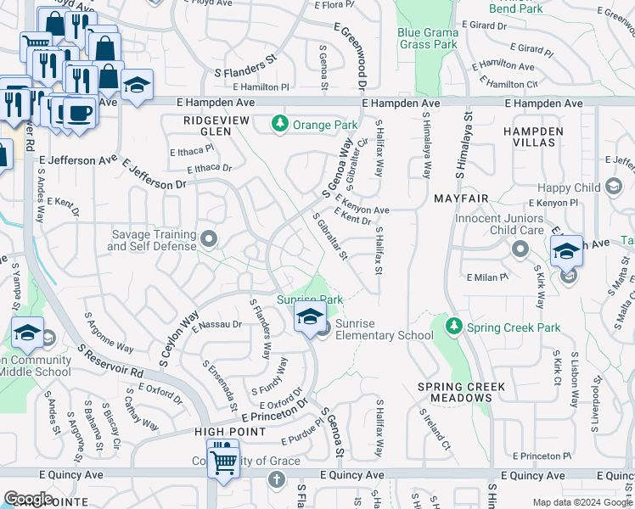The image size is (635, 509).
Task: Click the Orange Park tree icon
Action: tap(279, 125)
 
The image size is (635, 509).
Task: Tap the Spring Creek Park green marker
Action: tap(454, 327)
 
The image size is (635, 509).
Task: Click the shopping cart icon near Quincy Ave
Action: tap(222, 461)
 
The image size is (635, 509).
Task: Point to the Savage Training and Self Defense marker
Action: tap(207, 237)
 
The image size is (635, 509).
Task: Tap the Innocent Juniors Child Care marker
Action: tap(520, 249)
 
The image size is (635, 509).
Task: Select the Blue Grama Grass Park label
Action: tap(428, 38)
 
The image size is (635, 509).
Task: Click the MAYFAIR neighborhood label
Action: tap(461, 199)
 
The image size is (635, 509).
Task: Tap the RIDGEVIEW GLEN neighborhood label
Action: tap(216, 126)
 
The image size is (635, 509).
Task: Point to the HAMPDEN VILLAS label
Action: tap(532, 137)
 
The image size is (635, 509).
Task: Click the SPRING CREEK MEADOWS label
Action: tap(461, 392)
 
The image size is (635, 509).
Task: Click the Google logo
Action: tap(28, 499)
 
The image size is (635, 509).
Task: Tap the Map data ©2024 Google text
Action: tap(582, 502)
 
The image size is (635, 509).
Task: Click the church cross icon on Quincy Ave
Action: tap(275, 480)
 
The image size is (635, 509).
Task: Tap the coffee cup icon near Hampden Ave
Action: tap(81, 111)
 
